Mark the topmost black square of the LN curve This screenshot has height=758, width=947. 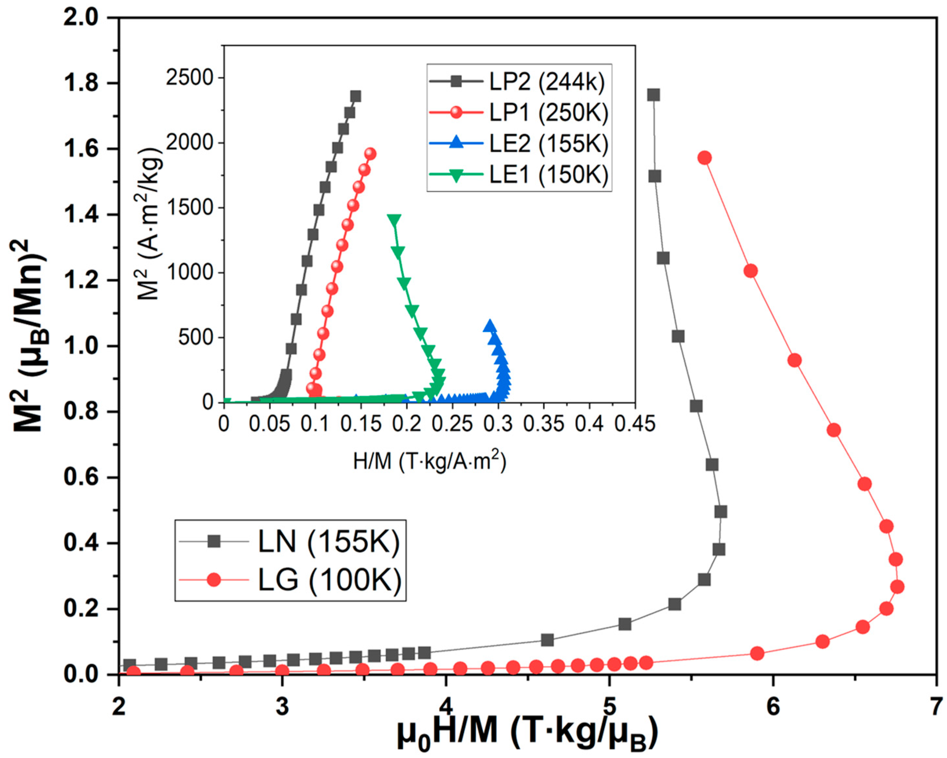point(654,95)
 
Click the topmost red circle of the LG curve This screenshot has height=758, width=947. point(704,158)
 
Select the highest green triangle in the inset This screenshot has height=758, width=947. point(394,220)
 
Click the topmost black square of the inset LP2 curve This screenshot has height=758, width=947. point(356,96)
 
